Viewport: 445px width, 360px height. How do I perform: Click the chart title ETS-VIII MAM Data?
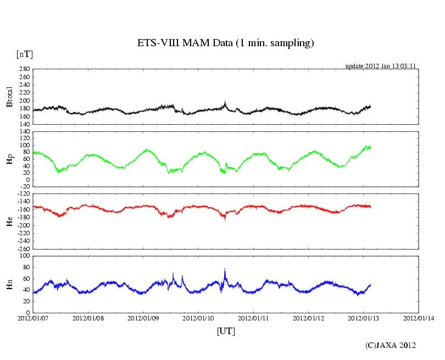225,43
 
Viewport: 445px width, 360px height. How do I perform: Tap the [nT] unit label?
24,54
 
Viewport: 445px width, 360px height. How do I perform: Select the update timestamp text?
380,66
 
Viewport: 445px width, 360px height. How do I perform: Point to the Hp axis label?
9,159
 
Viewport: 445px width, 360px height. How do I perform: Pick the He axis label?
9,221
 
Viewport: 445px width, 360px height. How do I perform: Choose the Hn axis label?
9,284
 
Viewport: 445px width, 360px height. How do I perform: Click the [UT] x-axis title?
226,331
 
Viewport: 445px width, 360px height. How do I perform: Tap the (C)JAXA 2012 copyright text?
391,345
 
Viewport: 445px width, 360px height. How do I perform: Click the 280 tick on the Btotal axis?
24,69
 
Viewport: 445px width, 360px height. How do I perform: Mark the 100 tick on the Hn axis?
24,256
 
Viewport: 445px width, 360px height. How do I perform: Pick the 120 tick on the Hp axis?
24,132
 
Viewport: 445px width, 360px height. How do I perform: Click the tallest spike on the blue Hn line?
225,269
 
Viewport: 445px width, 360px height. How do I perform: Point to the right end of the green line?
371,147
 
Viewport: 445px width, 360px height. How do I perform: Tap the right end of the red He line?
371,207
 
